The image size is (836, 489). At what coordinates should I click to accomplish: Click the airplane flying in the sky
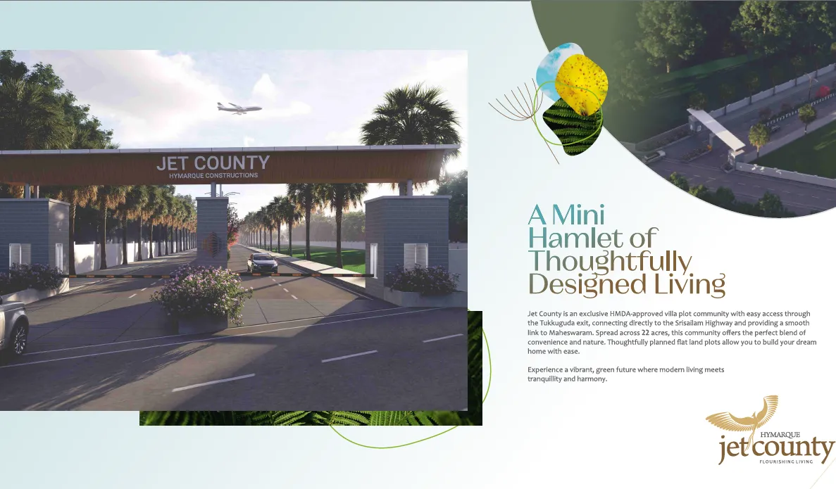point(239,108)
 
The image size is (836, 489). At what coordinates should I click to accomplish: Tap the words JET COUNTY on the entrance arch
point(213,163)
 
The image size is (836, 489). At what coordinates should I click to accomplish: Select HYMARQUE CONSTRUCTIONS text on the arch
point(213,176)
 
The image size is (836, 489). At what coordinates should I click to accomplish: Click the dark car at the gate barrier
point(262,263)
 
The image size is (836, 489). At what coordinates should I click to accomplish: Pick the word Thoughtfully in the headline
point(610,262)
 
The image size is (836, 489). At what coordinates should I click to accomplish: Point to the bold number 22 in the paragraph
point(647,333)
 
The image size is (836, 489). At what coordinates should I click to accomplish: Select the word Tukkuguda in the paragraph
point(557,324)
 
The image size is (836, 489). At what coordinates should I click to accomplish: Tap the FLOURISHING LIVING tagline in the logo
point(786,462)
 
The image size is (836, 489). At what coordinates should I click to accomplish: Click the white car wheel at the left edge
point(19,338)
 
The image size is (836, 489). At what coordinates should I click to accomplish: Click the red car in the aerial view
point(822,91)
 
